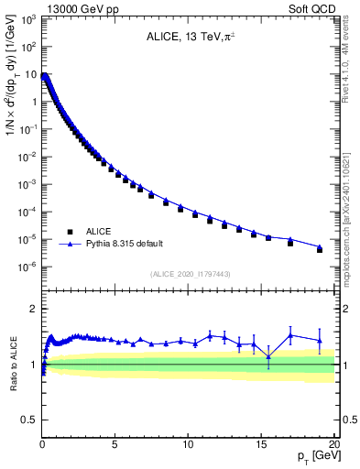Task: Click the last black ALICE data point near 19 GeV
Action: click(x=320, y=249)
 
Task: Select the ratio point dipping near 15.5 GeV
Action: click(x=268, y=356)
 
